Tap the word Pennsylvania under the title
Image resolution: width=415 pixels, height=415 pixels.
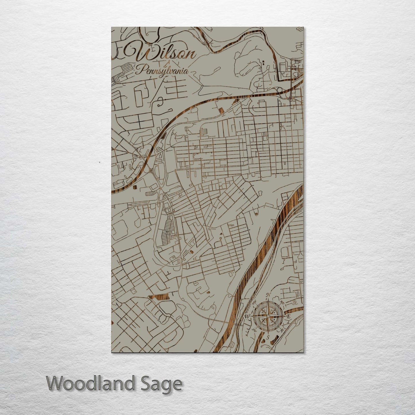pos(162,71)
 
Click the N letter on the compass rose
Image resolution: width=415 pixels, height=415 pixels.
pos(269,295)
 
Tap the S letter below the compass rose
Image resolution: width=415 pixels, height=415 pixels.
pos(268,337)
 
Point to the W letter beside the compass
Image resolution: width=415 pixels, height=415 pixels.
pos(247,316)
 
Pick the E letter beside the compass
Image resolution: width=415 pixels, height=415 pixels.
pos(289,316)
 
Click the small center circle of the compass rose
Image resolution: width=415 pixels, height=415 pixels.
pos(268,316)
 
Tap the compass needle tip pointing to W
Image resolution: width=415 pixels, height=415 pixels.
pos(252,316)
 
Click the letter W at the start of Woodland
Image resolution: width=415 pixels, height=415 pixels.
pos(56,383)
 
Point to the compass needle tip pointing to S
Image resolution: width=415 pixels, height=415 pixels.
pos(268,333)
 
